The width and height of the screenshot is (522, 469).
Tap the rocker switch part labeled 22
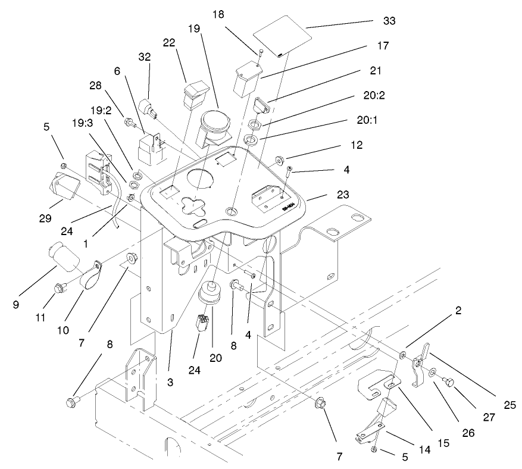pyautogui.click(x=196, y=93)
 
